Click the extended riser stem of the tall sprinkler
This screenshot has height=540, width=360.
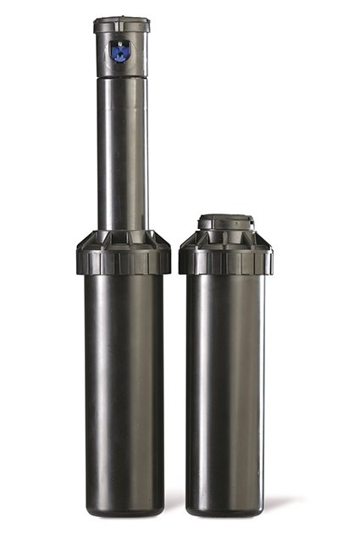click(x=123, y=153)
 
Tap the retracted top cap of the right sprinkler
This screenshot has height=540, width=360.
click(x=225, y=223)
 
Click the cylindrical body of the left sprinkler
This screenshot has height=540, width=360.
click(x=123, y=381)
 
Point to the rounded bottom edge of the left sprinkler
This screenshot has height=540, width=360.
click(x=123, y=511)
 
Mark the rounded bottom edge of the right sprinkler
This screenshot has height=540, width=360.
click(x=225, y=511)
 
